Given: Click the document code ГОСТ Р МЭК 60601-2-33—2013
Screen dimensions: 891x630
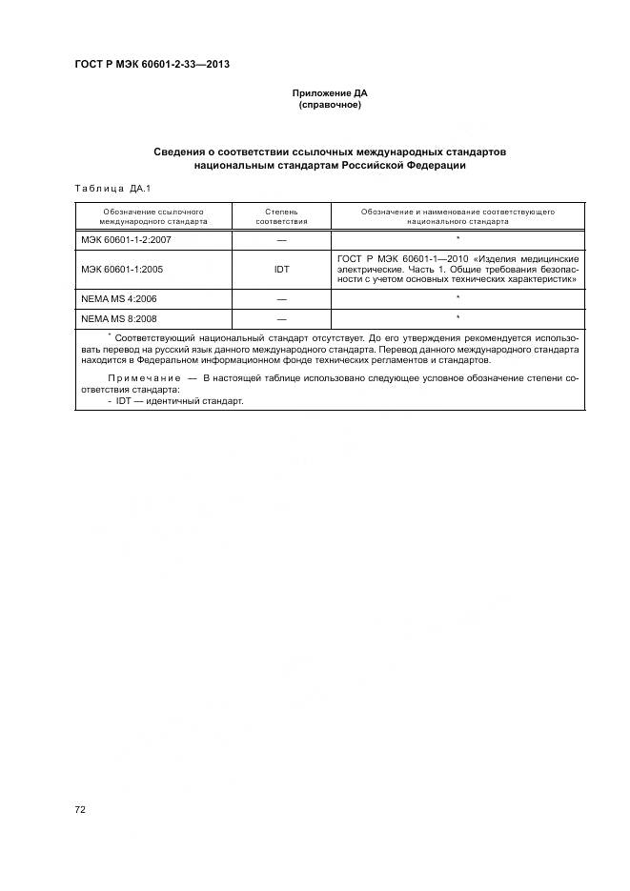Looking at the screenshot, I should pyautogui.click(x=152, y=65).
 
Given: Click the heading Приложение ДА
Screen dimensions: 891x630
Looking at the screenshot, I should pyautogui.click(x=330, y=93).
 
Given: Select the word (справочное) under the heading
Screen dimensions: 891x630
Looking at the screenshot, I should pyautogui.click(x=330, y=105).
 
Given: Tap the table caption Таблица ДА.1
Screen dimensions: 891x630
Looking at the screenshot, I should pyautogui.click(x=113, y=188).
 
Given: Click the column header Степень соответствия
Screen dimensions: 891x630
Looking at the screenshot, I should pyautogui.click(x=281, y=214).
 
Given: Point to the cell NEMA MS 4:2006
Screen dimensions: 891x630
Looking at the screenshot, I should pyautogui.click(x=118, y=299).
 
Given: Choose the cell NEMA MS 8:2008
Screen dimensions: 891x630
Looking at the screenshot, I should pyautogui.click(x=118, y=317).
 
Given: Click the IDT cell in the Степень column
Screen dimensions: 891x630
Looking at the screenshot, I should pyautogui.click(x=281, y=270).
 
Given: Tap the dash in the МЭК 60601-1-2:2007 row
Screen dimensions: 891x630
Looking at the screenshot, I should pyautogui.click(x=281, y=239).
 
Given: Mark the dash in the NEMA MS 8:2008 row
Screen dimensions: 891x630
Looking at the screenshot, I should pyautogui.click(x=281, y=317).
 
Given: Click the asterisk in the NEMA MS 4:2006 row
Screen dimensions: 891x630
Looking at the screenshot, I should pyautogui.click(x=458, y=298).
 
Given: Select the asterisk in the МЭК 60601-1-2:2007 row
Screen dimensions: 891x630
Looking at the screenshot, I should pyautogui.click(x=458, y=238).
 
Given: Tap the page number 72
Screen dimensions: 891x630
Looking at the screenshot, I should pyautogui.click(x=81, y=809).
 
